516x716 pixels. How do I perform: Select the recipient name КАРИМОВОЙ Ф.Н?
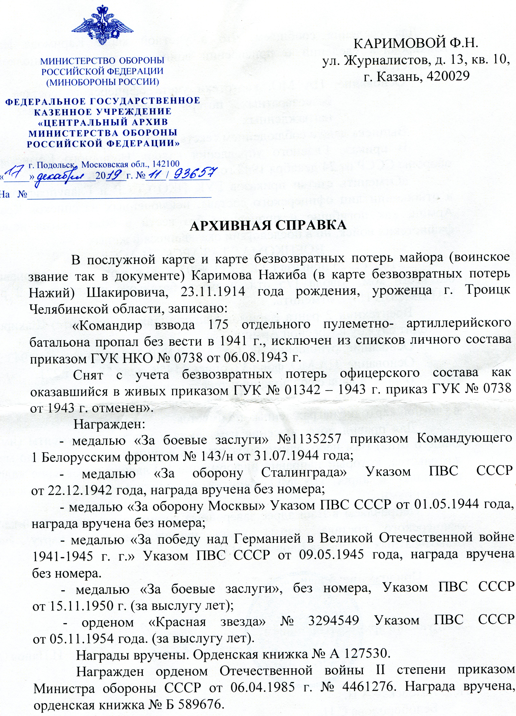(416, 43)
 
